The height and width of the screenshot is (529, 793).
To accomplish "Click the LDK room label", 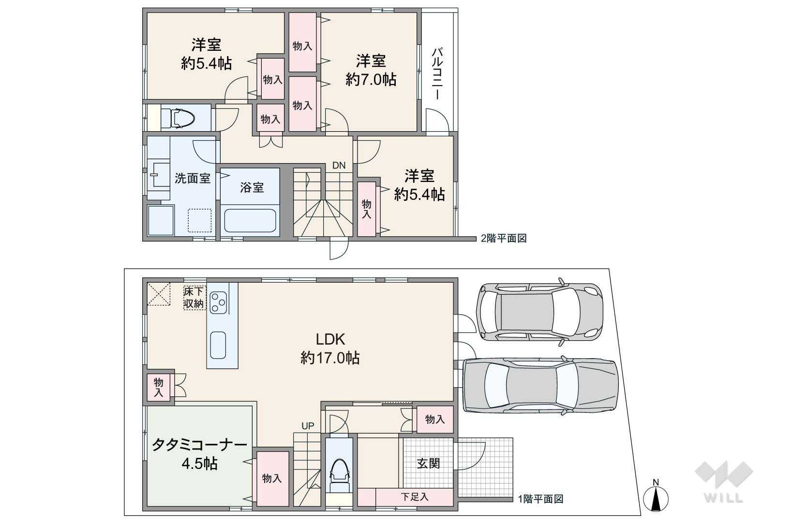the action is [330, 340].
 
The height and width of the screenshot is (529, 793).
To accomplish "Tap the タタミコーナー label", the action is [199, 445].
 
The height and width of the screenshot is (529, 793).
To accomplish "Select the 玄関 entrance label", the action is [428, 463].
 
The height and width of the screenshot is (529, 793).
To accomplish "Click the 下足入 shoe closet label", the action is [415, 497].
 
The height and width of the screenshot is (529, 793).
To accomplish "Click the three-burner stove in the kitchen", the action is [218, 302].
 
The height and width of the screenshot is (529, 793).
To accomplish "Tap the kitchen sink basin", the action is [218, 346].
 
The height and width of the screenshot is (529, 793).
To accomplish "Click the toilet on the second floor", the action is [178, 118].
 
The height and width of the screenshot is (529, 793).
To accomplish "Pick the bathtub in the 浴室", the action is [250, 220].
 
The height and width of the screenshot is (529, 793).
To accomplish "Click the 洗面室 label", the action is [193, 178].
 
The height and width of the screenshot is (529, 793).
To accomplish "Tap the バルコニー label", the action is [437, 73].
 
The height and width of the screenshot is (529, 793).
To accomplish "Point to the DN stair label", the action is [339, 166].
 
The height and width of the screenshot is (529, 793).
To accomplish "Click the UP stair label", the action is [308, 426].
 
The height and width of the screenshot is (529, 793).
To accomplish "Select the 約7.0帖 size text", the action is [371, 80].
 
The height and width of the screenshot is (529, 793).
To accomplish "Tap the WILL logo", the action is [724, 482].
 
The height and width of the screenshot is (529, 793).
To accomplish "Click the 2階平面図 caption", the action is [503, 238].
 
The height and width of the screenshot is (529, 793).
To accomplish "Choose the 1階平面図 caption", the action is [540, 499].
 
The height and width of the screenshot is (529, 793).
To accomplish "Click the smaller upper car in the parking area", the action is [539, 312].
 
